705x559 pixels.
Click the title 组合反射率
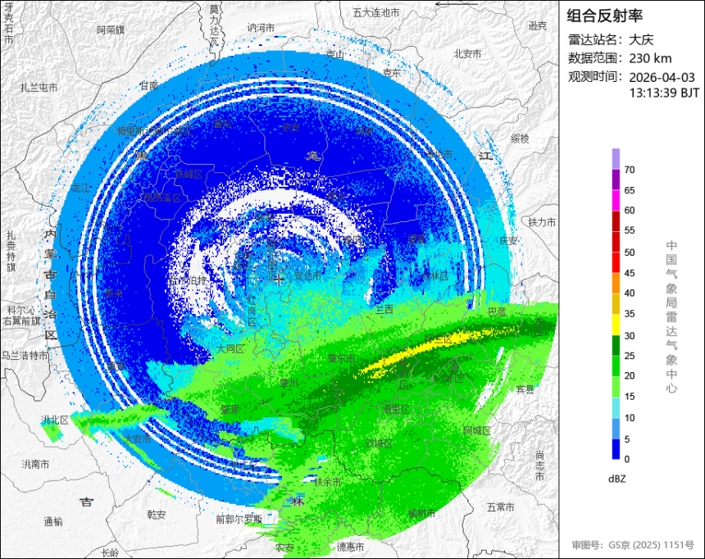[x=605, y=16]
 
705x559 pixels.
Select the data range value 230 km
[x=651, y=57]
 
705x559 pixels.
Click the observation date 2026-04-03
[x=662, y=76]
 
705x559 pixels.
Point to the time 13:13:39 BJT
[x=664, y=93]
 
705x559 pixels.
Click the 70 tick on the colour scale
[x=630, y=170]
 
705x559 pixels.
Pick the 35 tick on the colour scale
[x=630, y=314]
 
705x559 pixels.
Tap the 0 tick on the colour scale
[x=627, y=459]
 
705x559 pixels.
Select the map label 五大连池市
[x=375, y=12]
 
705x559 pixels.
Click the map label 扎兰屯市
[x=39, y=87]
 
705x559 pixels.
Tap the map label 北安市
[x=467, y=53]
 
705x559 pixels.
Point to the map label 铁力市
[x=542, y=222]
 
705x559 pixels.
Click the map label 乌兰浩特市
[x=24, y=355]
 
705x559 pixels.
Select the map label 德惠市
[x=350, y=546]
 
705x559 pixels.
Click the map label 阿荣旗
[x=110, y=30]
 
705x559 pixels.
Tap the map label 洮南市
[x=34, y=464]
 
